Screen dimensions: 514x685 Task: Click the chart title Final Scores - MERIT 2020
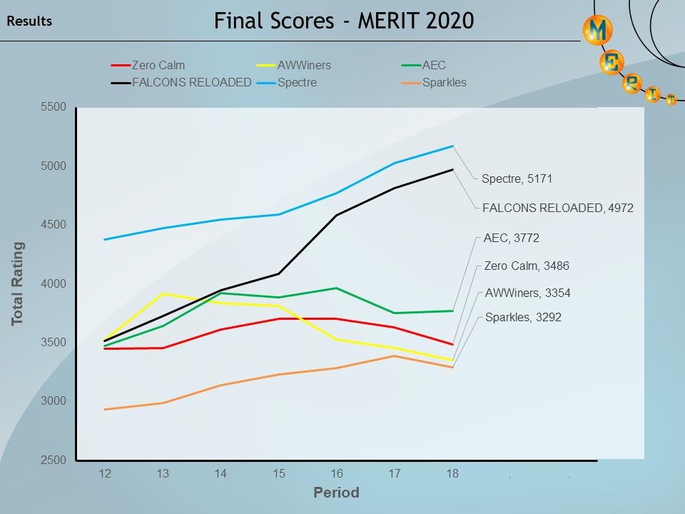pos(344,21)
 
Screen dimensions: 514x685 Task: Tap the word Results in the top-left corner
pos(29,21)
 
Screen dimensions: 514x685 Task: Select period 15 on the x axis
pos(279,474)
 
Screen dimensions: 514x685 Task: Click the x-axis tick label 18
pos(452,474)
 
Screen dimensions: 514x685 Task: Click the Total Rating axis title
pos(18,284)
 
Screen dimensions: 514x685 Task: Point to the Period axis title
pos(336,493)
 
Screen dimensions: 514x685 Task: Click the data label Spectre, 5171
pos(517,179)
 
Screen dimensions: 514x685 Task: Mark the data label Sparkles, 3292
pos(523,318)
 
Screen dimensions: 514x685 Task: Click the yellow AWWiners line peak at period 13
pos(163,294)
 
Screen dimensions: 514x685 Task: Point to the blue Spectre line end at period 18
pos(452,146)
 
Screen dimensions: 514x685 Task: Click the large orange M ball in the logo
pos(598,30)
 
